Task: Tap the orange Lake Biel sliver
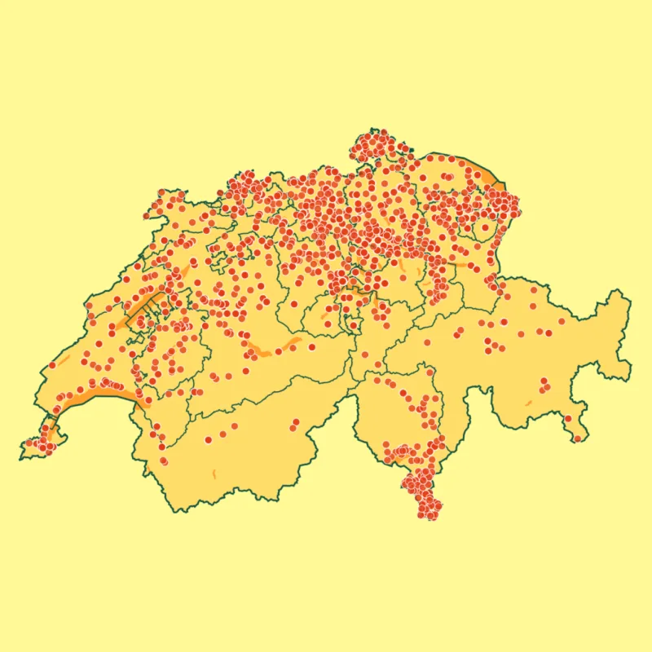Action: [184, 270]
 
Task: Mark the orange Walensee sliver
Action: [465, 264]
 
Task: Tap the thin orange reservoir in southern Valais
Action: [214, 474]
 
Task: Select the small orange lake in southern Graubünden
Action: [528, 402]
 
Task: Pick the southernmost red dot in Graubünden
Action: [577, 438]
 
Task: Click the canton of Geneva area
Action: [41, 440]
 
